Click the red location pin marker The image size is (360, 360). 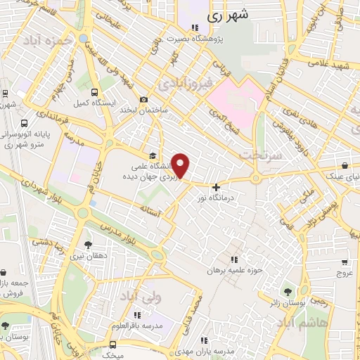pos(181,166)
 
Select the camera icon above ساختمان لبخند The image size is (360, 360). pos(144,100)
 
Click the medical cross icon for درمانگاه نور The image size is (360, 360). pos(216,187)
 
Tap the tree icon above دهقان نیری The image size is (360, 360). pos(88,245)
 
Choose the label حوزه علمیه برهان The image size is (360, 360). pos(234,270)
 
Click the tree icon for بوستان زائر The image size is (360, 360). pos(287,290)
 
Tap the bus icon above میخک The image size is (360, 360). pos(110,345)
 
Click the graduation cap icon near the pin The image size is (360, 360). pos(153,156)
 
